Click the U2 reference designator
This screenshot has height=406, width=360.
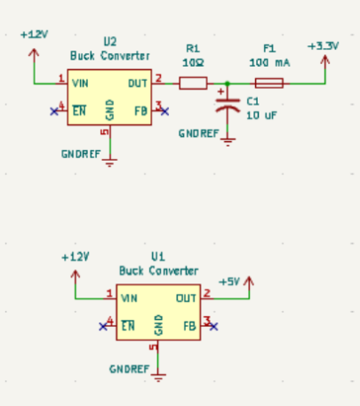click(x=110, y=42)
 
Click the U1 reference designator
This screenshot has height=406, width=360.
click(x=158, y=254)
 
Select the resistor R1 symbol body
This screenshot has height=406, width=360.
click(x=193, y=84)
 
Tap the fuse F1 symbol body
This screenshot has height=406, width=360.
click(x=269, y=84)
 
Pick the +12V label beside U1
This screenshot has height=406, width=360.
click(x=76, y=256)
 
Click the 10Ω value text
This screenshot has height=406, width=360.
click(x=193, y=62)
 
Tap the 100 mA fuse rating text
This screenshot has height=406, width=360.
click(x=268, y=62)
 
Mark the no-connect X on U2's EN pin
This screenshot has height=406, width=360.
click(x=53, y=111)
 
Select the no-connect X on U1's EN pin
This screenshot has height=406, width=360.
click(x=102, y=326)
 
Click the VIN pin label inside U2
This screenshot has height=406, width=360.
click(x=81, y=84)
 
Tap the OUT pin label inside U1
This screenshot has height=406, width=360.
click(x=186, y=299)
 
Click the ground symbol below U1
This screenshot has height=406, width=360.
click(x=159, y=377)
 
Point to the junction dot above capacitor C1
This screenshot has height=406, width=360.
click(x=228, y=84)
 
